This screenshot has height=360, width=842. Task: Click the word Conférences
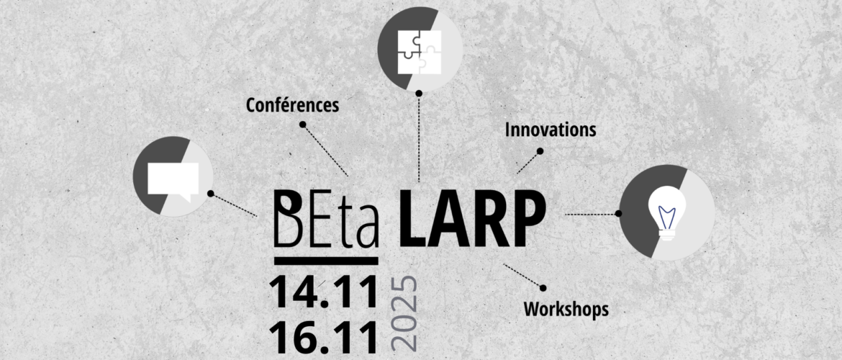point(293,105)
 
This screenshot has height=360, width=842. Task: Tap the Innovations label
point(551,130)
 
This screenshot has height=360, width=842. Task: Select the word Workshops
point(566,309)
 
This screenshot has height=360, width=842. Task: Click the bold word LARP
point(473,219)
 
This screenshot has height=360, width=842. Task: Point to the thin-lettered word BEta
point(327,219)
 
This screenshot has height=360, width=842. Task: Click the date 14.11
point(324,293)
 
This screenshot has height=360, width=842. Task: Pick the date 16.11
point(324,336)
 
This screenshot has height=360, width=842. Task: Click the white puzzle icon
point(420,52)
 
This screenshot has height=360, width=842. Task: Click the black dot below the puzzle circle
point(419,93)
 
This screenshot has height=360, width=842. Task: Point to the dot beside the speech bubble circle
point(210,194)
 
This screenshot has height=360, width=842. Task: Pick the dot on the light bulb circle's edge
point(619,213)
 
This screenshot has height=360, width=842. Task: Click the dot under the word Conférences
point(303,124)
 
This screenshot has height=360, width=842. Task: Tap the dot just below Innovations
point(540,151)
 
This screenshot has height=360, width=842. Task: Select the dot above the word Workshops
point(543,288)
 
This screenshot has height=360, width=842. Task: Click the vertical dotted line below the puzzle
point(419,139)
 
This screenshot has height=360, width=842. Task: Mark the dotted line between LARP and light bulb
point(591,214)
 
